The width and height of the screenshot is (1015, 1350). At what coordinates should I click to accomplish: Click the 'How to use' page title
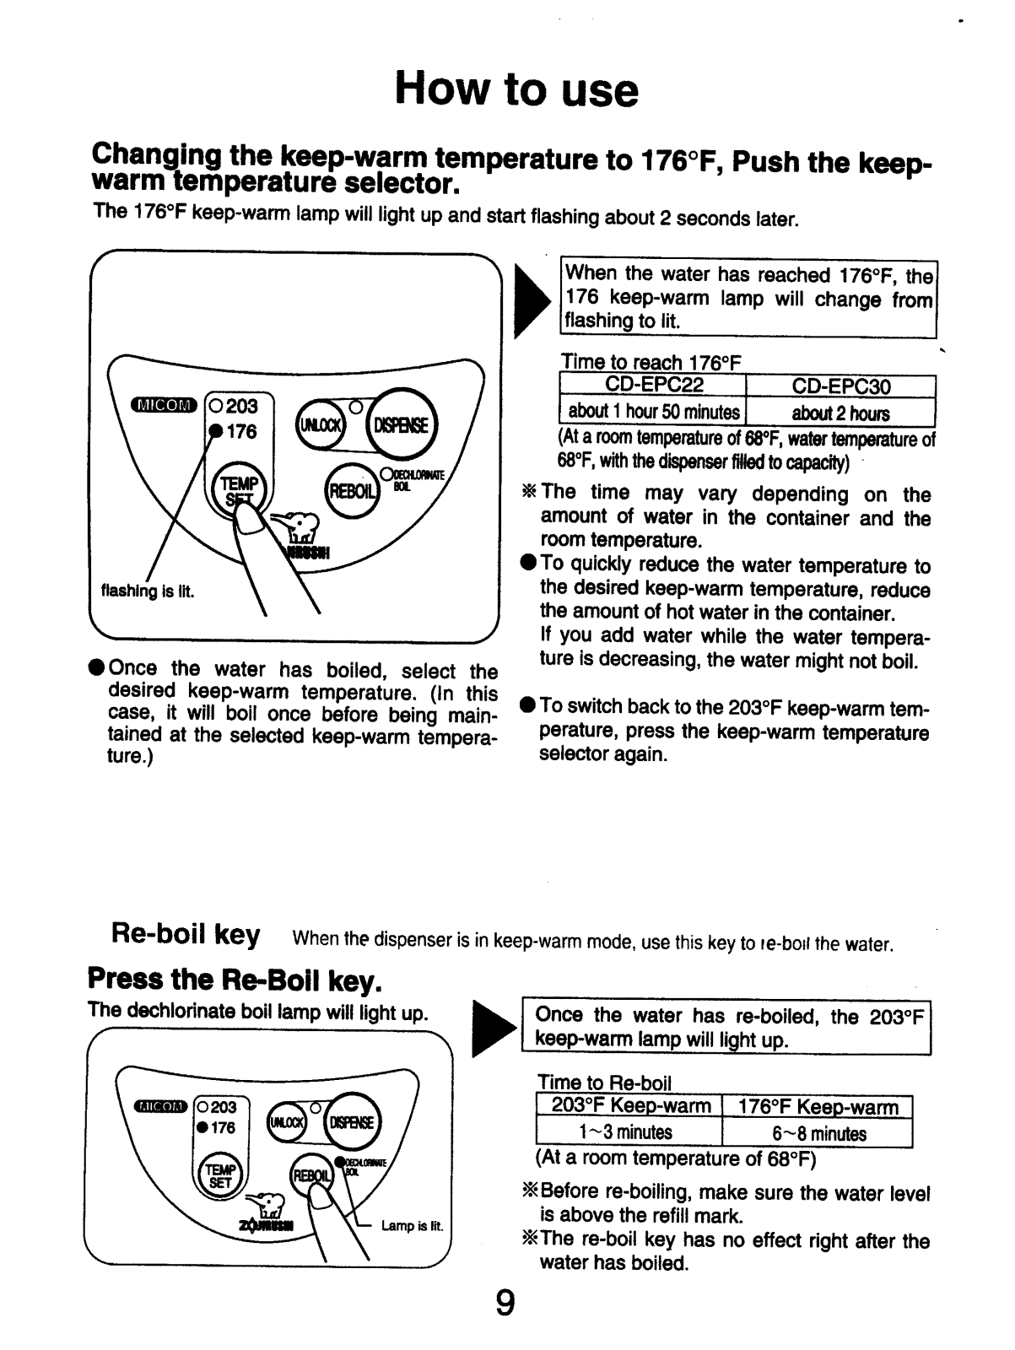coord(516,90)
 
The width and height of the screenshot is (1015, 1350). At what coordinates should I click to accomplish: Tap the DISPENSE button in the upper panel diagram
coord(401,424)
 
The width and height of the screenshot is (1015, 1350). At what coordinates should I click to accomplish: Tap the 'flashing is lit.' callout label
coord(148,591)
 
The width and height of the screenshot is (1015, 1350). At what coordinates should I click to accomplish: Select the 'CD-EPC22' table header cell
coord(654,386)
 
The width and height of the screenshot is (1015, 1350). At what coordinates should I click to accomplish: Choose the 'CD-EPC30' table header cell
coord(841,387)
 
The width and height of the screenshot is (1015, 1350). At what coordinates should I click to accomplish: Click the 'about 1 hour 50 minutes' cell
coord(654,412)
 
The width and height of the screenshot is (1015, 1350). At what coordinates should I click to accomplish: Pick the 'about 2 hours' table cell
coord(841,413)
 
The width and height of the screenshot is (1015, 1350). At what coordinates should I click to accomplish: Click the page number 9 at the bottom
coord(505,1304)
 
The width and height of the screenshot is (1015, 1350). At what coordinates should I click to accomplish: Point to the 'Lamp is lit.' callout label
coord(412,1226)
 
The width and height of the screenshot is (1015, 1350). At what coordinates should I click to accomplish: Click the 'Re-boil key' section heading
coord(186,935)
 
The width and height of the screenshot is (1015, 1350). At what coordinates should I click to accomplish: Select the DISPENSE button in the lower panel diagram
coord(355,1122)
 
